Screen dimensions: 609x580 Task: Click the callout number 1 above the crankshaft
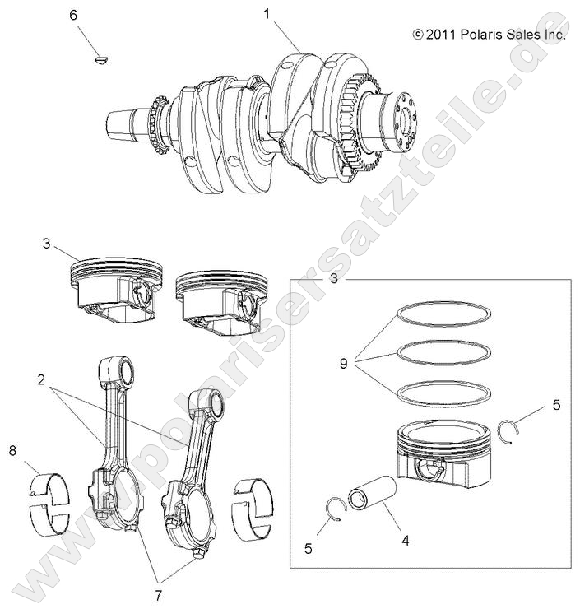(267, 13)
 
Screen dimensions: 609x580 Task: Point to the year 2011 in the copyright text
(440, 35)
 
